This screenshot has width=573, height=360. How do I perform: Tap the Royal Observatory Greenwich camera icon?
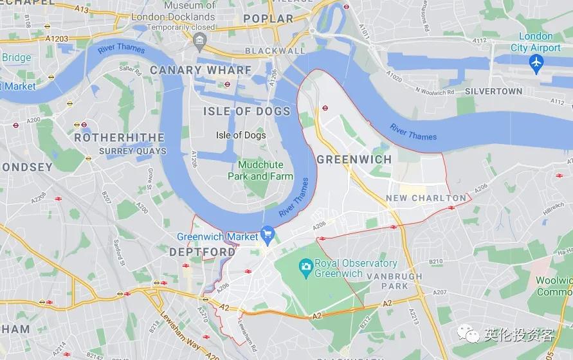coord(305,265)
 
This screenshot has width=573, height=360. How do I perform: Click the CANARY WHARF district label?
coord(201,69)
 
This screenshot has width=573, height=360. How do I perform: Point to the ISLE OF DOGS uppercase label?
coord(247,111)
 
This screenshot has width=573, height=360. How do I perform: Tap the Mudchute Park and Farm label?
coord(260,170)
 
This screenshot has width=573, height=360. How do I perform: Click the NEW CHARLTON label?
coord(426,198)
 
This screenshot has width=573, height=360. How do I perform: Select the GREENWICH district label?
coord(354,159)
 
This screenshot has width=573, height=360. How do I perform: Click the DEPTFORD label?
coord(202,253)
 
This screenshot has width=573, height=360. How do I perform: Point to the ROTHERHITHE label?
coord(119,138)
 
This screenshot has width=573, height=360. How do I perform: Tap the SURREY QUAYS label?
coord(132,152)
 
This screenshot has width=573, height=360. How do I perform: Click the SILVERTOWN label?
coord(493,91)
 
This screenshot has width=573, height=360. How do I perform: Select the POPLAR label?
coord(268,19)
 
